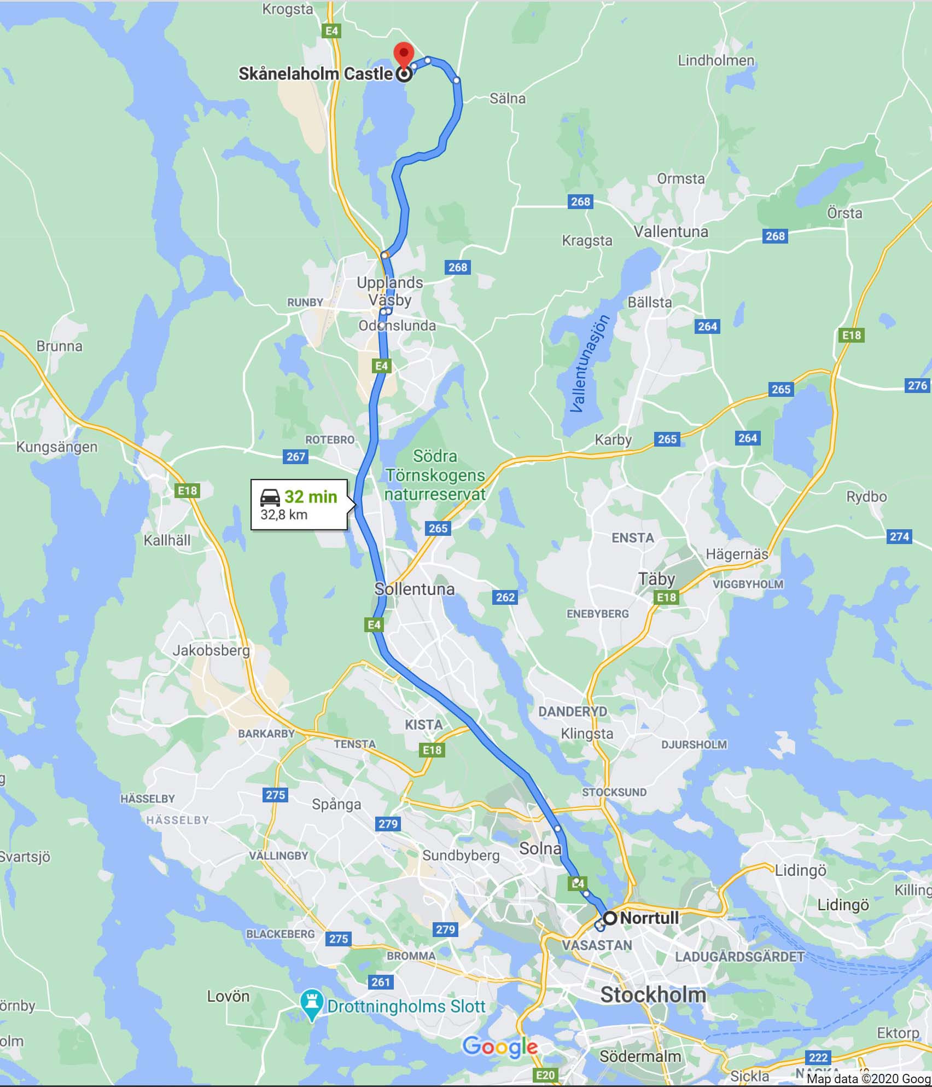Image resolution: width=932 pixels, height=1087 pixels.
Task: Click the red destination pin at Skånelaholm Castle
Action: click(x=404, y=54)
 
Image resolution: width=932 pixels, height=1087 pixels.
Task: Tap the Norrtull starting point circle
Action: click(x=610, y=917)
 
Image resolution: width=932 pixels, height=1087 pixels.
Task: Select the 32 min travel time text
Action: click(x=310, y=496)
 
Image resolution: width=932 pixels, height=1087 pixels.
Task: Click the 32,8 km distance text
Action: click(x=284, y=515)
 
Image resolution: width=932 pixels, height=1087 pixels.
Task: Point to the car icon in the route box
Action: click(x=270, y=497)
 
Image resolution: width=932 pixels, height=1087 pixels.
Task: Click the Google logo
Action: click(x=500, y=1047)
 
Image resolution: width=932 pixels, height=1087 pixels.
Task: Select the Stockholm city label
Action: click(x=653, y=995)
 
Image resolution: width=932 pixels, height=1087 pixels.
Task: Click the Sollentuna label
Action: click(x=414, y=589)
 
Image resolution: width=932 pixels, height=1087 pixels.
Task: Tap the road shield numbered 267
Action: click(x=295, y=456)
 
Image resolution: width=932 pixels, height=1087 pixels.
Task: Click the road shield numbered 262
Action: click(x=505, y=597)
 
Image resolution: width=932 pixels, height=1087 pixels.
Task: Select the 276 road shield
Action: click(x=917, y=385)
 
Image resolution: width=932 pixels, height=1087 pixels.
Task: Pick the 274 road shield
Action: click(x=899, y=536)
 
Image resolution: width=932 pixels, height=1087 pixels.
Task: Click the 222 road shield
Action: click(x=818, y=1057)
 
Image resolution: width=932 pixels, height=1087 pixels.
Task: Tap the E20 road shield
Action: click(x=545, y=1075)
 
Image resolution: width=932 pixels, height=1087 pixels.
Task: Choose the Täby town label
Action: click(x=656, y=579)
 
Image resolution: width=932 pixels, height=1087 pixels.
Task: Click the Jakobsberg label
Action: click(x=211, y=650)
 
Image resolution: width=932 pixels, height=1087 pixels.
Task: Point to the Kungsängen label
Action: click(x=56, y=447)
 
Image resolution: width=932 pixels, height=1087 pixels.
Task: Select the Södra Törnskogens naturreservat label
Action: click(x=435, y=475)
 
